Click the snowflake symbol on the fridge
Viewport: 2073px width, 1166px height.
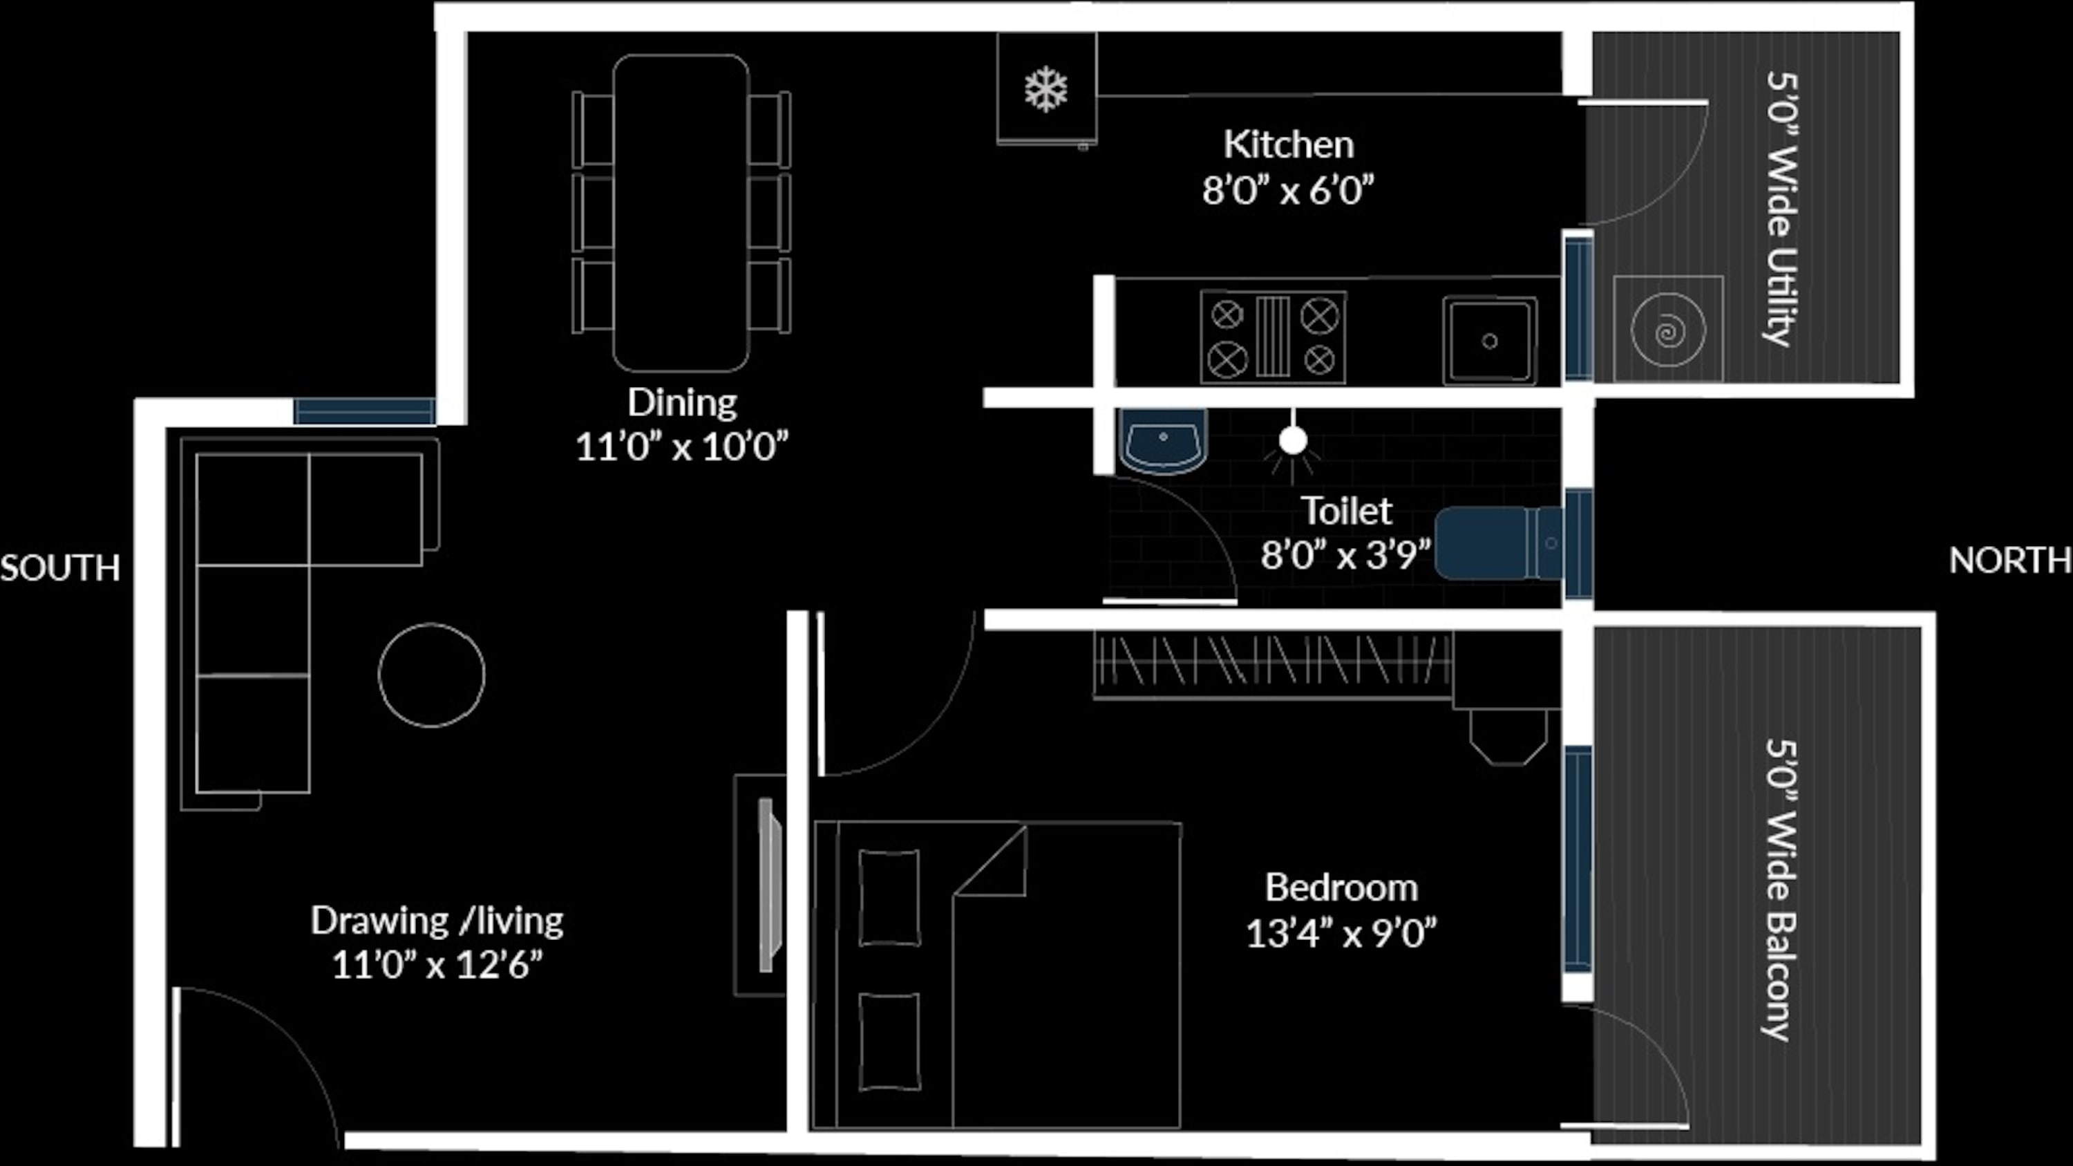(x=1045, y=89)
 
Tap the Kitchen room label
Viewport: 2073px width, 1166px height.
(x=1289, y=145)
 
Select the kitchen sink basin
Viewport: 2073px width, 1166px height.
(x=1490, y=340)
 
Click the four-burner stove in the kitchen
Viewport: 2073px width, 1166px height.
(x=1273, y=337)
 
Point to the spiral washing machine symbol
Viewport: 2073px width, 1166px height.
(x=1667, y=330)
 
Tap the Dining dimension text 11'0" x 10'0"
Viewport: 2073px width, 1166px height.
(x=681, y=446)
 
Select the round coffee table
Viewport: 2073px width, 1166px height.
(x=431, y=675)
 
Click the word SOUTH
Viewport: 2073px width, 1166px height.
(x=60, y=568)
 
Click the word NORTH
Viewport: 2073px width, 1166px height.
(x=2010, y=560)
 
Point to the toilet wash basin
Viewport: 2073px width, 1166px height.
(x=1164, y=440)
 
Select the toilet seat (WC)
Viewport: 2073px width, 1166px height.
(x=1498, y=543)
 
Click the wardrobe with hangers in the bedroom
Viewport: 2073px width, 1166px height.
(x=1273, y=665)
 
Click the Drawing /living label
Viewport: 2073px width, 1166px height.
(x=437, y=921)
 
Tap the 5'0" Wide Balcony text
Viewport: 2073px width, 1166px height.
(x=1781, y=890)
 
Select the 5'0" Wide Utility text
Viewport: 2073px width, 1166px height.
(x=1781, y=209)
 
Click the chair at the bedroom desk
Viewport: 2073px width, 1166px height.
(x=1508, y=736)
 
